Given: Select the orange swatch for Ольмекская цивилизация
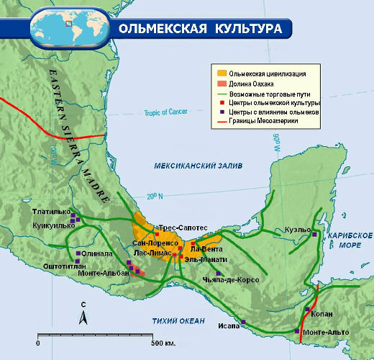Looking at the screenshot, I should coord(222,73).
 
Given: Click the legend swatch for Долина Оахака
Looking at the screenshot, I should coord(222,84).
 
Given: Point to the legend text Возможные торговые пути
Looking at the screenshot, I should coord(270,94).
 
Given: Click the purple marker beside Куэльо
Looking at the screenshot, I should coord(314,235).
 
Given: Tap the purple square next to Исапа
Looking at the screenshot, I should coord(243,322).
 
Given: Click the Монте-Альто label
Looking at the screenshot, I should coord(326,332).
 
